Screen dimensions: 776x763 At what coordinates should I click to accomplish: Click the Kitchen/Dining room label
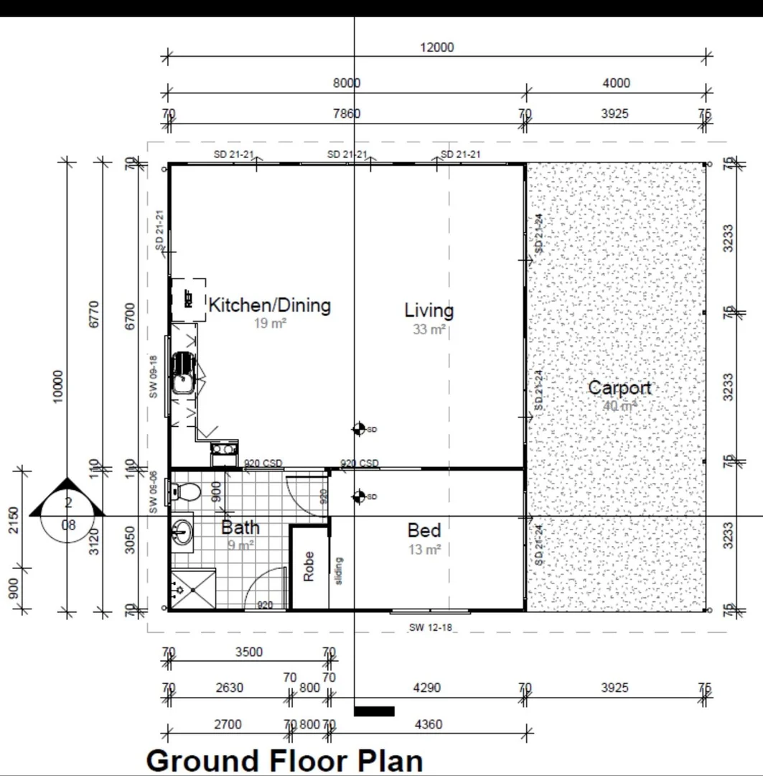269,305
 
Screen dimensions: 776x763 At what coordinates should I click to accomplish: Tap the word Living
429,310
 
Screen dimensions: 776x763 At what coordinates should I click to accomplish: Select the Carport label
619,388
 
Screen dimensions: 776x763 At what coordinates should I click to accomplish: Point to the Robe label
309,566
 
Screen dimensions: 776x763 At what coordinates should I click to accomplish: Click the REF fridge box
189,299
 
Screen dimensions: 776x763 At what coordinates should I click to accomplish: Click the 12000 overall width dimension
436,48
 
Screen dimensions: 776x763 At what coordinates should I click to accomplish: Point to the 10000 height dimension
58,386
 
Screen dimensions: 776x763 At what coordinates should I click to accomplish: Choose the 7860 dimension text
346,114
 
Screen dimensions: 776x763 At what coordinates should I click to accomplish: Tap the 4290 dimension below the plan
426,688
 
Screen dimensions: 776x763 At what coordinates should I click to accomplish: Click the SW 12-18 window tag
430,627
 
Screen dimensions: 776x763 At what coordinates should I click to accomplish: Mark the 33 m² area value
429,330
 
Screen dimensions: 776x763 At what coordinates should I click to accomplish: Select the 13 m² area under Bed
423,550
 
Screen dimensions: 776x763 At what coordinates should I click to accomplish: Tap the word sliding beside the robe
339,570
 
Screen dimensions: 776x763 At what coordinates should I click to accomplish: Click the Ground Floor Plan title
284,760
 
